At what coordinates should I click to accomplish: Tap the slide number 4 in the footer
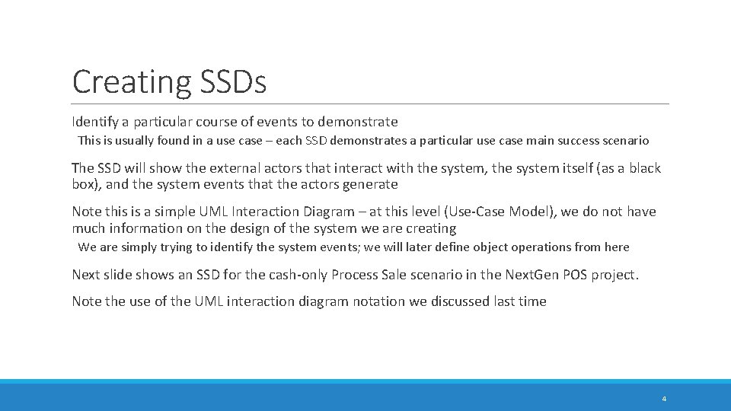click(x=664, y=399)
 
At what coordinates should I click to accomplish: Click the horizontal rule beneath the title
click(x=371, y=104)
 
